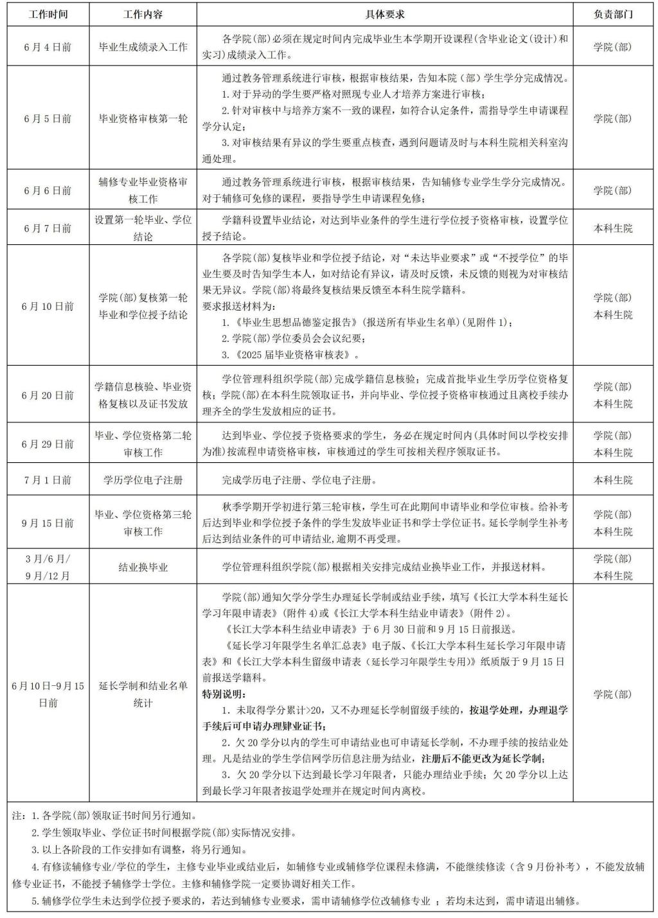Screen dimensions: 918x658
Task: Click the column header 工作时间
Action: pos(48,14)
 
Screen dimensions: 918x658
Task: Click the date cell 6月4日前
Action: pos(48,47)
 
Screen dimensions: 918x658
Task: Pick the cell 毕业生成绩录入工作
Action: pos(143,47)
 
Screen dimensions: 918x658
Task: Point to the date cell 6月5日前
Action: pos(48,118)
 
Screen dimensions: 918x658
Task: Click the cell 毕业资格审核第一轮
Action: pos(143,118)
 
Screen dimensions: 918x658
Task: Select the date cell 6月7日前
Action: pos(48,228)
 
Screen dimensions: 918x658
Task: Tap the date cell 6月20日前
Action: pos(48,395)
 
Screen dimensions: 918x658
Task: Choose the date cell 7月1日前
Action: pos(48,480)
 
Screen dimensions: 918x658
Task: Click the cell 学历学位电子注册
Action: pos(143,480)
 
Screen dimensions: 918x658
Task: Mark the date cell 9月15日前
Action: pos(48,523)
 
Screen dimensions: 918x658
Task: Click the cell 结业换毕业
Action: pos(143,567)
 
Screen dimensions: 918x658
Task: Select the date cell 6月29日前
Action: pos(48,444)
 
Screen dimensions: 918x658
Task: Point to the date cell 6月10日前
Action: pos(48,306)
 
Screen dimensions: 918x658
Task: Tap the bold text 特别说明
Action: pos(224,694)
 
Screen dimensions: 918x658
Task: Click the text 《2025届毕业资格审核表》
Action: pos(290,354)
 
